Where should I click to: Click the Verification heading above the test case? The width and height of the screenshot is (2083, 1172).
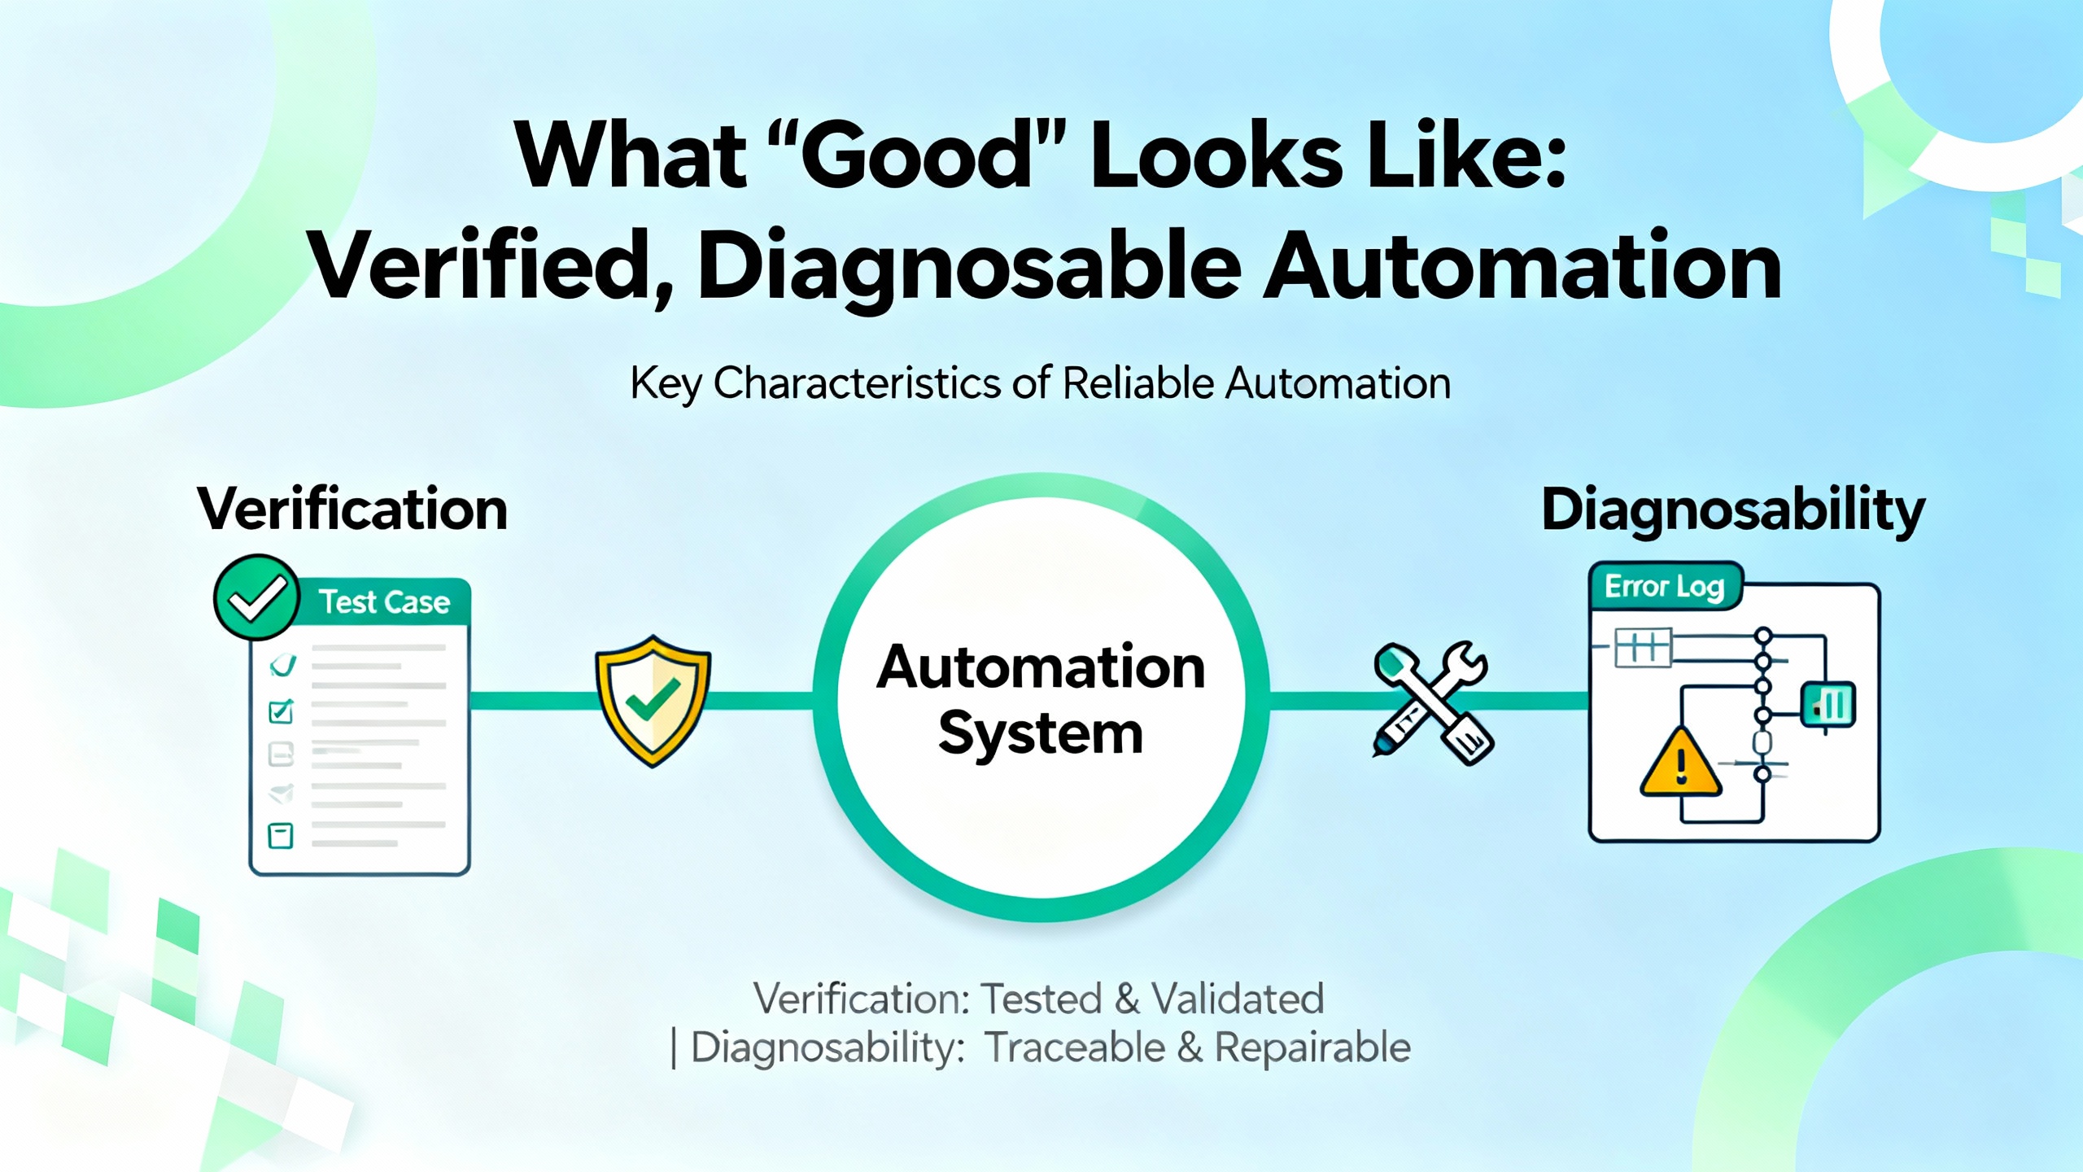(352, 509)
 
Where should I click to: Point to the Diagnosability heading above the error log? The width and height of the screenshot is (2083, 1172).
(1733, 511)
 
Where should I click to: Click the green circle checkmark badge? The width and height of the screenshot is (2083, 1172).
(256, 597)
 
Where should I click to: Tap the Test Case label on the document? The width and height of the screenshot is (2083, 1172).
(384, 602)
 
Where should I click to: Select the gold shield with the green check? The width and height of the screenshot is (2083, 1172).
(653, 700)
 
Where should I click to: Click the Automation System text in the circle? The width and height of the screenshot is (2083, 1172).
(1041, 700)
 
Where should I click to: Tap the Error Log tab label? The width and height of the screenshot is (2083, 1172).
(1664, 586)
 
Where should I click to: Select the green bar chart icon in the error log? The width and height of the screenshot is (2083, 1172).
(1829, 704)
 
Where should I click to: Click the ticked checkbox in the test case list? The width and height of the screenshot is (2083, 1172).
(281, 711)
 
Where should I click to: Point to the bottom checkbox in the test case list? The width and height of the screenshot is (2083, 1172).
(281, 835)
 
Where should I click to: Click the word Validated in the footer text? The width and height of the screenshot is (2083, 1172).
(1238, 999)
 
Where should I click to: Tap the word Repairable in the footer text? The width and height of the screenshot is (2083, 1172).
(1312, 1047)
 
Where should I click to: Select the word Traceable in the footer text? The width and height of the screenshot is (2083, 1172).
(1075, 1047)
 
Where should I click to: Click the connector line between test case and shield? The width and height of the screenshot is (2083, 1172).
(533, 701)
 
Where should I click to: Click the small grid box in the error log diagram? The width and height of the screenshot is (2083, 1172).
(1643, 648)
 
